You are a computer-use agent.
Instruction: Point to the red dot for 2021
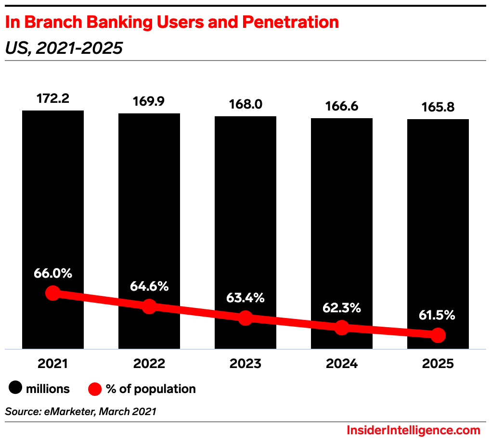click(53, 293)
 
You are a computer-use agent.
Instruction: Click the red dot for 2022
click(149, 306)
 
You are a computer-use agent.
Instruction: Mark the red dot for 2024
click(341, 328)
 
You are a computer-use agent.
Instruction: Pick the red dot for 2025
click(438, 335)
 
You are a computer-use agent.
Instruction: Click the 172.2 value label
click(53, 99)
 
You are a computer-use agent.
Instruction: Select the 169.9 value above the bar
click(149, 102)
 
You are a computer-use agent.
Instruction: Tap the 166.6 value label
click(342, 106)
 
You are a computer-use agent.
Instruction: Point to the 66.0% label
click(53, 273)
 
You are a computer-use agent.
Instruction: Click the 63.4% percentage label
click(245, 297)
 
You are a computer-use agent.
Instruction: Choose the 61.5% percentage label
click(438, 315)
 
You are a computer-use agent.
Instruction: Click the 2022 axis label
click(149, 364)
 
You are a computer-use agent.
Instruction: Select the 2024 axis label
click(342, 364)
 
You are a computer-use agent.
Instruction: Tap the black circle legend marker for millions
click(16, 389)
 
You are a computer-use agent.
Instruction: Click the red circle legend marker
click(95, 389)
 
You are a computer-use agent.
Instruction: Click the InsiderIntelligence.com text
click(413, 430)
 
